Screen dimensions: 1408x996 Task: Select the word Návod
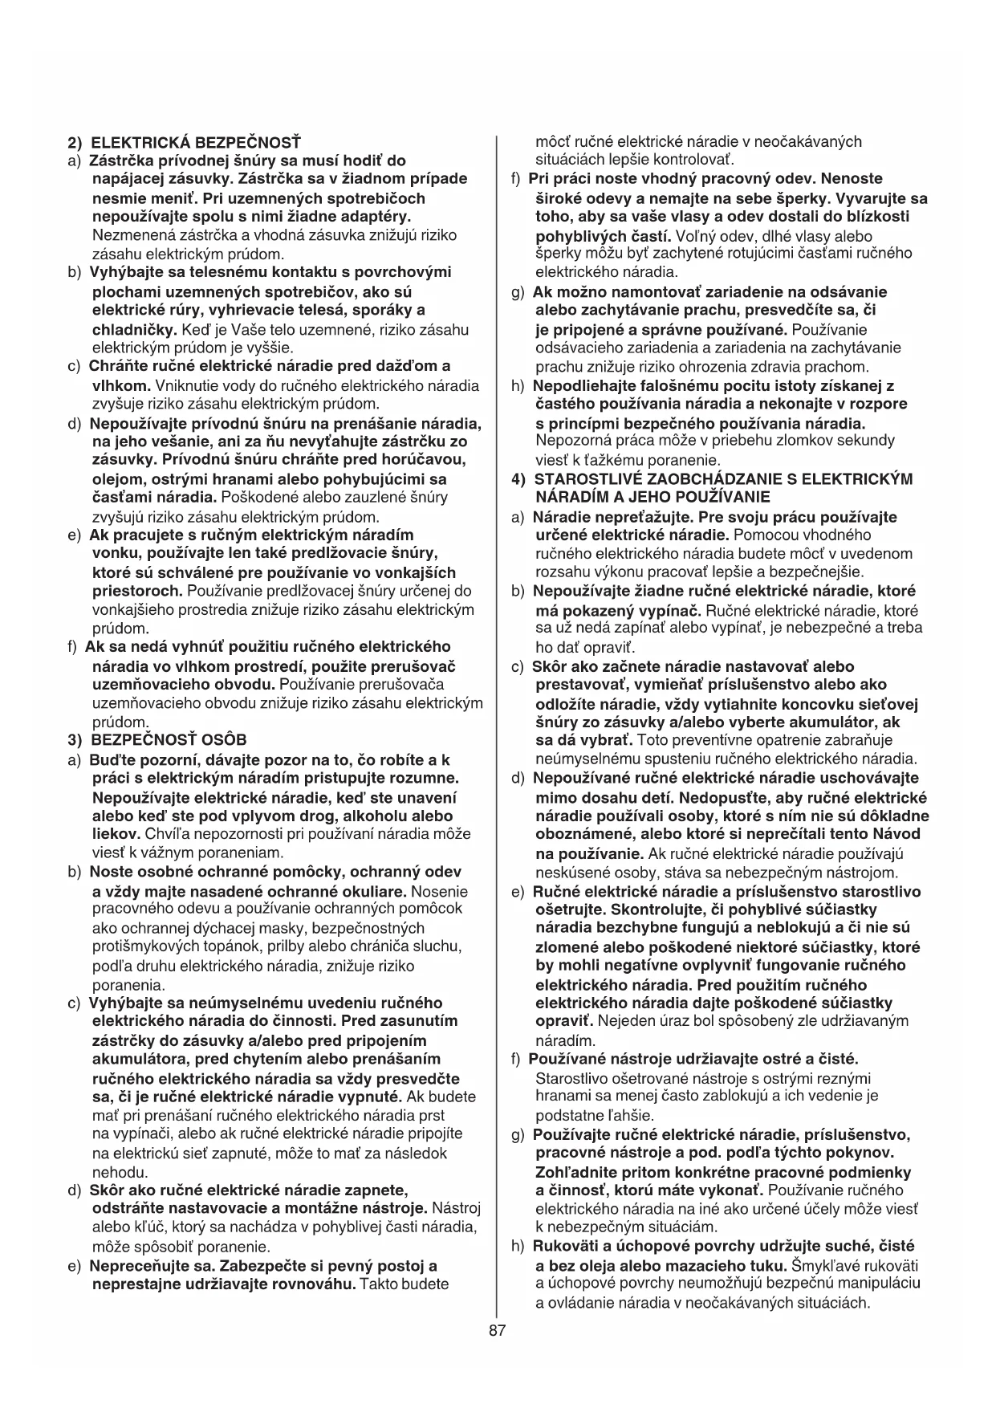pos(896,834)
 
